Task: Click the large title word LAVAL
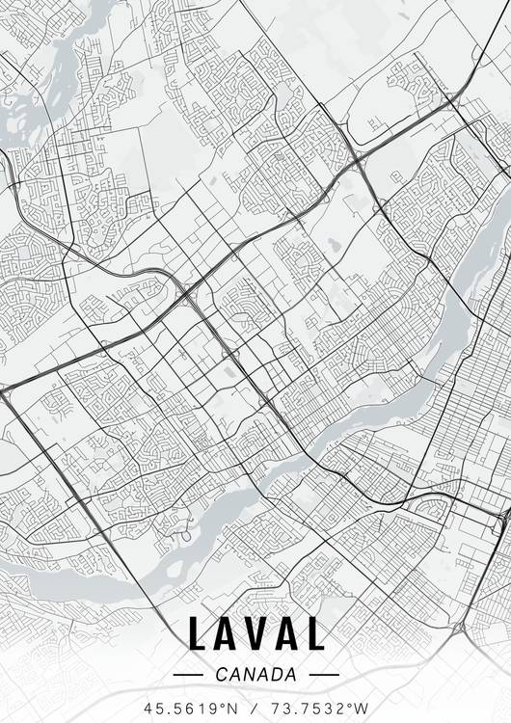pyautogui.click(x=255, y=634)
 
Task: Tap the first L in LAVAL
pyautogui.click(x=199, y=634)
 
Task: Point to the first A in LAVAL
pyautogui.click(x=228, y=634)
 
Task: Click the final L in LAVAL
pyautogui.click(x=315, y=634)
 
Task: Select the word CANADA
pyautogui.click(x=255, y=675)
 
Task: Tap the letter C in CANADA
pyautogui.click(x=223, y=675)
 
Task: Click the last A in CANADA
pyautogui.click(x=288, y=675)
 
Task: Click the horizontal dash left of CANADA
pyautogui.click(x=186, y=675)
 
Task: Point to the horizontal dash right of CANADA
pyautogui.click(x=325, y=675)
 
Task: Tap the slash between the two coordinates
pyautogui.click(x=255, y=708)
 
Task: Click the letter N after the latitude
pyautogui.click(x=231, y=708)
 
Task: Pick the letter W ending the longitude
pyautogui.click(x=363, y=708)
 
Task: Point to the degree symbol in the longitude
pyautogui.click(x=352, y=704)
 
